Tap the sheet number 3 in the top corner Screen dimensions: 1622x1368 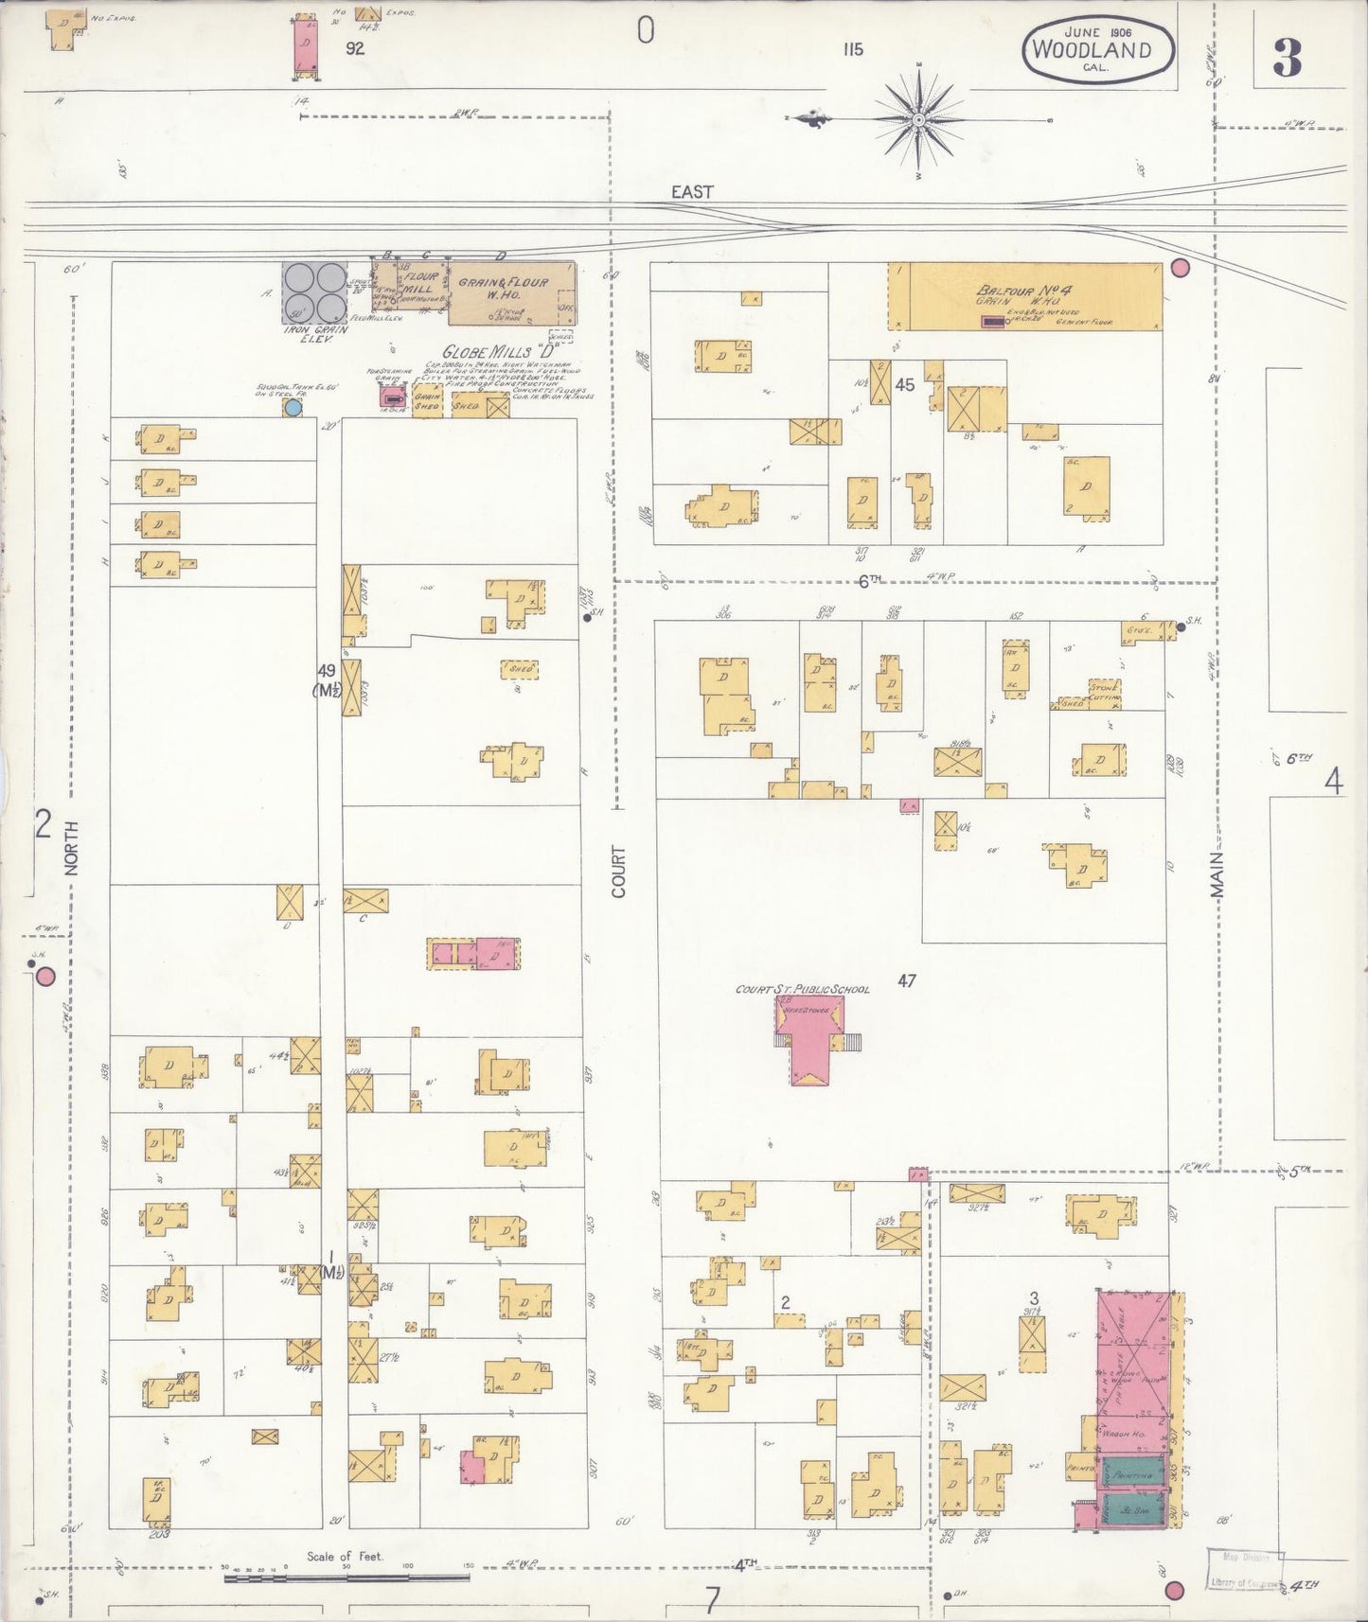click(x=1287, y=60)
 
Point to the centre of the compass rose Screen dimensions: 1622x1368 click(x=919, y=120)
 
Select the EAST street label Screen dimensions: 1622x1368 click(x=691, y=191)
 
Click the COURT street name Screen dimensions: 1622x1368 click(x=619, y=871)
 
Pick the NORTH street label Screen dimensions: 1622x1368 click(x=73, y=847)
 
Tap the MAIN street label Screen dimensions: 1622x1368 click(x=1217, y=873)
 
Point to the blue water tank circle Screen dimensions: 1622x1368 click(x=293, y=407)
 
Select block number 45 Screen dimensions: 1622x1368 click(x=905, y=384)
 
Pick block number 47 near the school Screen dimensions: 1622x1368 click(x=906, y=981)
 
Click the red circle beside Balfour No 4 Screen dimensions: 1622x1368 click(x=1180, y=268)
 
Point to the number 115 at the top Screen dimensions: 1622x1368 click(x=852, y=49)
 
